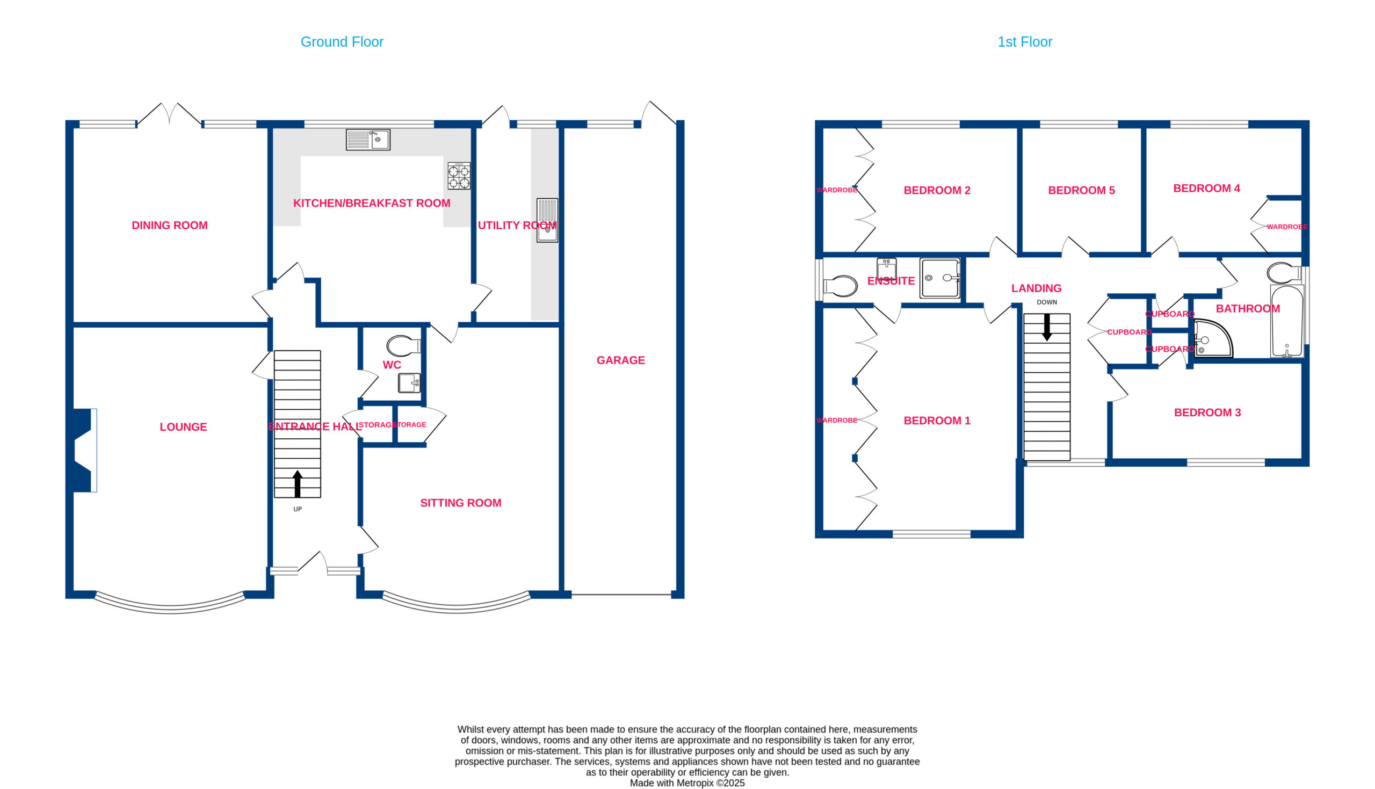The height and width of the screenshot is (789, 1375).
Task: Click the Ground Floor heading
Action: point(342,42)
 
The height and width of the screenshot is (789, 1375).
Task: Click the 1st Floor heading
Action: point(1025,42)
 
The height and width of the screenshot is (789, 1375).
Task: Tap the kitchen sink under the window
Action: point(368,140)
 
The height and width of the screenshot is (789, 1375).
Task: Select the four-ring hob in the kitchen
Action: point(459,176)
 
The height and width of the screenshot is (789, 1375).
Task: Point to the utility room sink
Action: point(547,220)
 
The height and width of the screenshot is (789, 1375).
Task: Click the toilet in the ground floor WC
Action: point(403,346)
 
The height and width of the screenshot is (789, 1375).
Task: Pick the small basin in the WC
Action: point(410,382)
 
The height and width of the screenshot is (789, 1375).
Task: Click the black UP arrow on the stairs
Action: point(298,483)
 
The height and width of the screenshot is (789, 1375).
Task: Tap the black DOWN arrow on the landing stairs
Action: point(1047,327)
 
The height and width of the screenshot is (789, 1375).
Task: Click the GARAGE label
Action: point(620,360)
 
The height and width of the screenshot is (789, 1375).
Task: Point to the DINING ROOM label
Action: point(170,226)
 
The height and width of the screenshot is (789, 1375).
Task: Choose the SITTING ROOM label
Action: point(460,503)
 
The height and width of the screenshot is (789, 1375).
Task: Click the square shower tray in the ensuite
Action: point(940,278)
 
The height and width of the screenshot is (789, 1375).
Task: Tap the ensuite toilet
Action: point(840,286)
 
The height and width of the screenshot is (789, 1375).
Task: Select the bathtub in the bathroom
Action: point(1287,321)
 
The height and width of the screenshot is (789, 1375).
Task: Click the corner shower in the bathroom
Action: point(1212,339)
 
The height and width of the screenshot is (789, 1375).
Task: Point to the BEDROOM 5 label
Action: point(1081,191)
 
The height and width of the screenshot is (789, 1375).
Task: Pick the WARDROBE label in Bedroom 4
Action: point(1287,227)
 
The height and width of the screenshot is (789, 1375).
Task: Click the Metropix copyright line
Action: point(687,783)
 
